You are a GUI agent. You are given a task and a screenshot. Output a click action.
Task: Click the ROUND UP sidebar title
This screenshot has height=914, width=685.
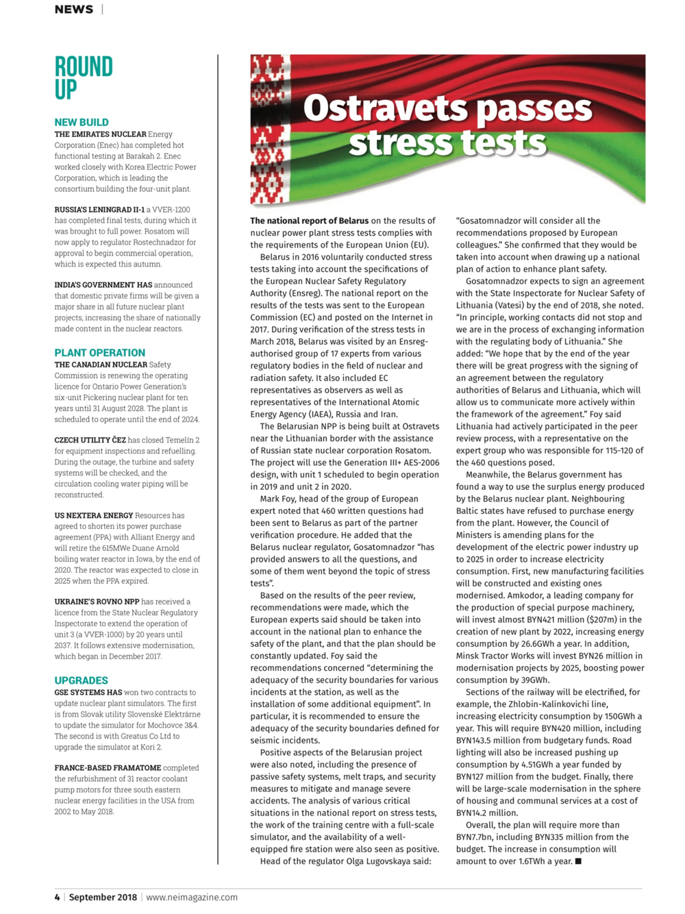pos(84,77)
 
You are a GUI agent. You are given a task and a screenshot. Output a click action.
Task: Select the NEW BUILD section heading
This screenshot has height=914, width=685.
pos(82,123)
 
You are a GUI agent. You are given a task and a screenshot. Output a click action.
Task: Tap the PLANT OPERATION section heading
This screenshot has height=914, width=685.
pos(100,353)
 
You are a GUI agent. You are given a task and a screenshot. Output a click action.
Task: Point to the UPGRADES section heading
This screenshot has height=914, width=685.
pos(82,680)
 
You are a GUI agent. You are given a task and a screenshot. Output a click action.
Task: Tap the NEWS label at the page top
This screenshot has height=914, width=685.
pos(74,10)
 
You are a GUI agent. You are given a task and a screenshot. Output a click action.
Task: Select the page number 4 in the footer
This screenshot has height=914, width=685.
pos(58,897)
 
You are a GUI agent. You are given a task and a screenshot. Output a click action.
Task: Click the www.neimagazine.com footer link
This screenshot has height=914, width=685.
pos(192,897)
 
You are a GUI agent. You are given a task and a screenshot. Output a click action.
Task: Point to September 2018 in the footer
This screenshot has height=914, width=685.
pos(103,897)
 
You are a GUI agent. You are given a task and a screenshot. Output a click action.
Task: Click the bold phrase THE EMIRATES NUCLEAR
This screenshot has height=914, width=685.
pos(100,134)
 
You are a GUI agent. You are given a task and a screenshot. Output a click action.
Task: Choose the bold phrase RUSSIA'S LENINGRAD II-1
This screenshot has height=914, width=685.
pos(99,210)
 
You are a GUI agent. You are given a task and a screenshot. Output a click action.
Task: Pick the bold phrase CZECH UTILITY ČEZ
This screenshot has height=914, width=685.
pos(90,440)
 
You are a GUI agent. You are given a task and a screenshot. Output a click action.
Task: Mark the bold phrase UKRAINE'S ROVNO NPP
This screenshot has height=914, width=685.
pos(97,602)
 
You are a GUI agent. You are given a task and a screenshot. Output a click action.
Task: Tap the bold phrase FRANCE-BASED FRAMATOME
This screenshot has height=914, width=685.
pos(108,768)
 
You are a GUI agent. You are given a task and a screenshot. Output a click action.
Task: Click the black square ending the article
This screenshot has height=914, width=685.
pos(578,861)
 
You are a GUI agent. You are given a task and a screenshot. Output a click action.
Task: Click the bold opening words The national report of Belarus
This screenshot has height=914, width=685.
pos(309,221)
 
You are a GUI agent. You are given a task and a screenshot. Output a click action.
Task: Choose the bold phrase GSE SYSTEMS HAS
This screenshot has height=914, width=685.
pos(88,693)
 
